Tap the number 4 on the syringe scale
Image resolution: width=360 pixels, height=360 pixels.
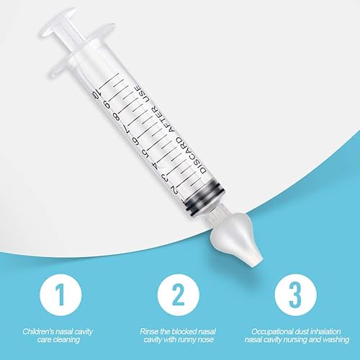(x=156, y=165)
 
